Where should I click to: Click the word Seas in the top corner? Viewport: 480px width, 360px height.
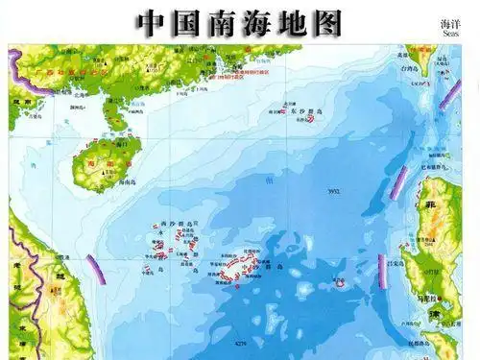point(450,33)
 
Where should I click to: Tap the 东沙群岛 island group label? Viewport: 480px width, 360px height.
point(300,112)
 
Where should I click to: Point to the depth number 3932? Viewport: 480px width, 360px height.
point(335,192)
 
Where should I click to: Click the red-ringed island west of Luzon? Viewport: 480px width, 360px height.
point(338,283)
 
